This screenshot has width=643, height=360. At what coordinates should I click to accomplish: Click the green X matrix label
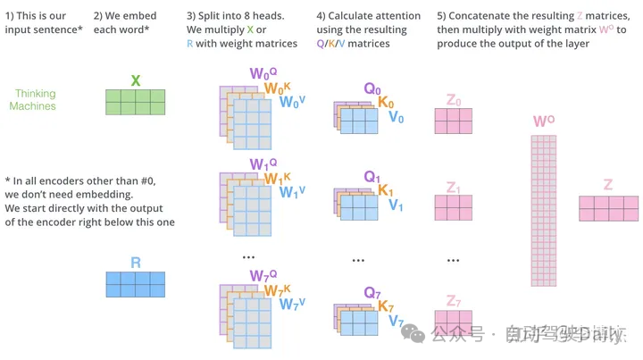[136, 80]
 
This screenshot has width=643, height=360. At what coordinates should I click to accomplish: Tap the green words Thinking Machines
[33, 100]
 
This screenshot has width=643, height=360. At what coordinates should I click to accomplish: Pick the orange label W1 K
[276, 179]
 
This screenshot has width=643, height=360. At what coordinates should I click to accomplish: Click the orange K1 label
[386, 191]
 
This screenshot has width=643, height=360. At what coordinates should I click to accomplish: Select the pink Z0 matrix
[453, 121]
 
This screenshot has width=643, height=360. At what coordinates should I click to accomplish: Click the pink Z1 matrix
[453, 207]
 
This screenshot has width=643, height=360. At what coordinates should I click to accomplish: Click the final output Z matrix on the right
[608, 209]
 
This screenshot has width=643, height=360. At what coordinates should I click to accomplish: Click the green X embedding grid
[136, 102]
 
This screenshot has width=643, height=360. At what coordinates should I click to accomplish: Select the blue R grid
[136, 284]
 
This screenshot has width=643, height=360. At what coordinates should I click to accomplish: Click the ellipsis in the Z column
[453, 259]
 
